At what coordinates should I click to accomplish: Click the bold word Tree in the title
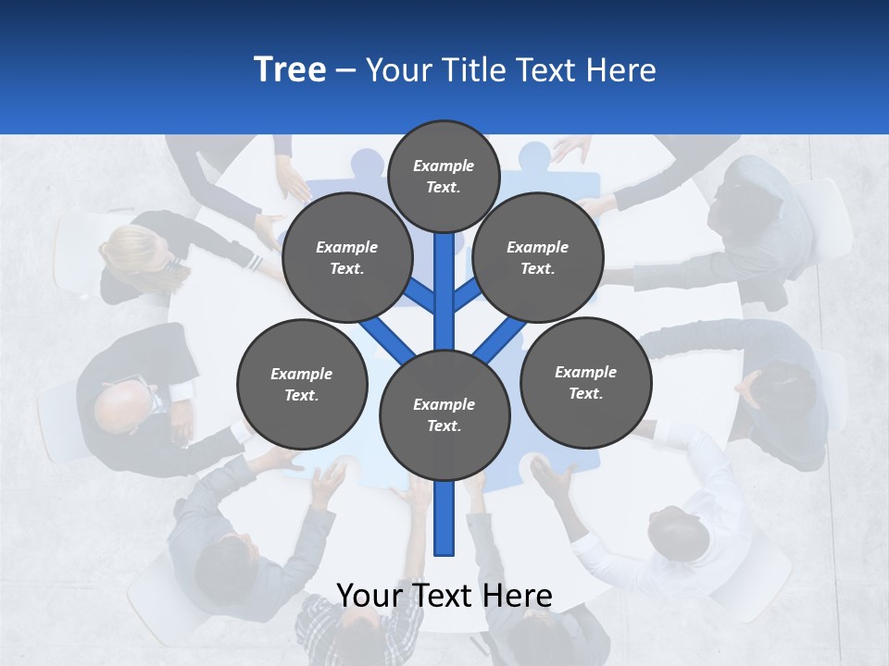click(x=290, y=69)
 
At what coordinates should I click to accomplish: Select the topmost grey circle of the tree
click(x=444, y=176)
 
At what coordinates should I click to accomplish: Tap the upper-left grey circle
click(x=346, y=257)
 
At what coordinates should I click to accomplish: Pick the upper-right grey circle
click(x=537, y=257)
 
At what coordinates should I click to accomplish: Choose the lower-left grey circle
click(x=302, y=384)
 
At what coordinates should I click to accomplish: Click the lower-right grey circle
click(x=585, y=382)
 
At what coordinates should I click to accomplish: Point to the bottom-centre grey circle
click(x=444, y=414)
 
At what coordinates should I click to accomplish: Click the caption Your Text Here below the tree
click(x=444, y=596)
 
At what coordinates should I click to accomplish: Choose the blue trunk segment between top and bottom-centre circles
click(x=444, y=296)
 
